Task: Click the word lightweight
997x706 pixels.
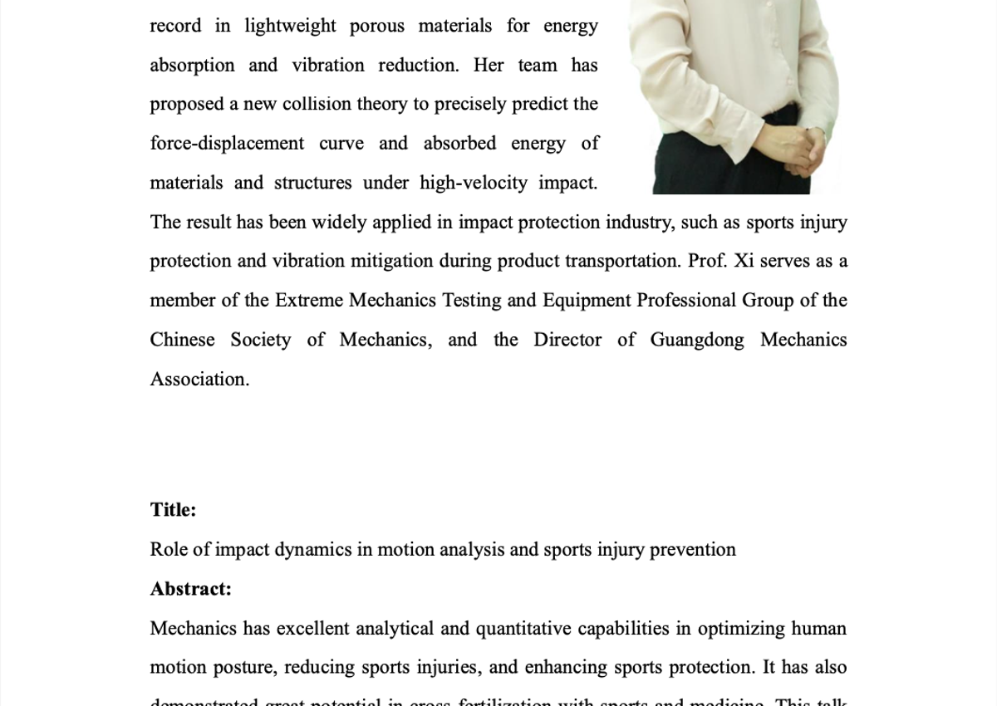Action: (x=290, y=26)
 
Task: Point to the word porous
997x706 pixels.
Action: (x=376, y=26)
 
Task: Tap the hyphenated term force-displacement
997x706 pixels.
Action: (x=227, y=144)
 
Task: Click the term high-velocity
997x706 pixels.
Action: (x=473, y=183)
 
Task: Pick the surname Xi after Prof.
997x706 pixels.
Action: (x=744, y=261)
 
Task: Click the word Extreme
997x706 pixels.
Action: (x=309, y=301)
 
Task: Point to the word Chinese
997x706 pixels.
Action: (x=182, y=340)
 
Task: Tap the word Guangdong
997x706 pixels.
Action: (x=696, y=340)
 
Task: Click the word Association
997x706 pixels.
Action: (x=199, y=380)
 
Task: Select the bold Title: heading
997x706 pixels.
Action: (x=173, y=510)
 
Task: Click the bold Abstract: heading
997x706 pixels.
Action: (x=190, y=589)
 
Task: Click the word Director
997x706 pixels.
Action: (x=567, y=340)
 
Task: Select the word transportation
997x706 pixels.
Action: (x=622, y=261)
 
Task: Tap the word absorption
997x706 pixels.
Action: (x=192, y=66)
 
